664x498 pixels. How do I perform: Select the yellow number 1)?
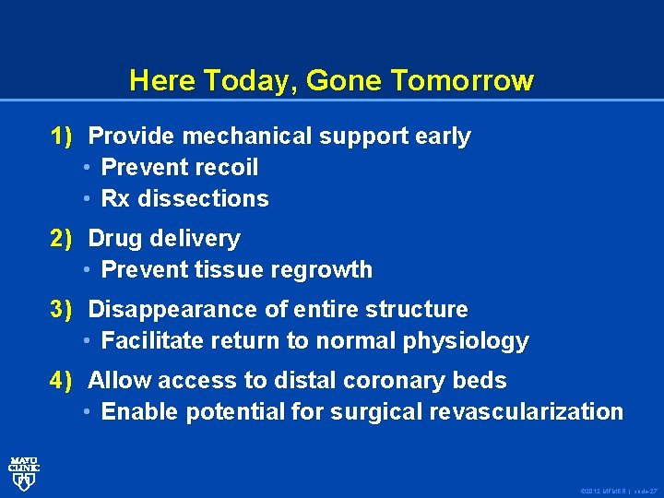click(62, 136)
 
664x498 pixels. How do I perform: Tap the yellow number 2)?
click(62, 238)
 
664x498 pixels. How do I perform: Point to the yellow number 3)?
click(62, 309)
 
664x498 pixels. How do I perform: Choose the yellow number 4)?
click(62, 380)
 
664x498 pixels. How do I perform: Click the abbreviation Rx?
click(115, 199)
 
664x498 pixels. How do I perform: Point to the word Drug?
click(114, 238)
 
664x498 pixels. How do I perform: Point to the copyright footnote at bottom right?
click(617, 490)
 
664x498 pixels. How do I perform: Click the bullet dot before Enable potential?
click(87, 412)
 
